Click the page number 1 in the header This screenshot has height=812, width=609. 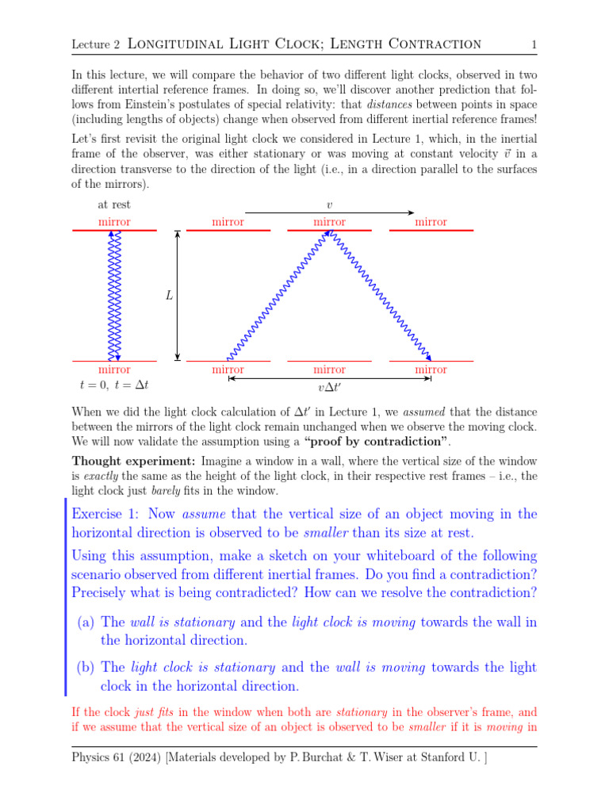point(534,44)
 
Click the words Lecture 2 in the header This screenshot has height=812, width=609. point(94,44)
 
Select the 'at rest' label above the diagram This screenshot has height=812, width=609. point(114,205)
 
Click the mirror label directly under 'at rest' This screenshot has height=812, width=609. point(114,222)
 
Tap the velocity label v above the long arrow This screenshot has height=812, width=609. point(329,205)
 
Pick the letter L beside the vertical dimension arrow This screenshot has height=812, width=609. point(169,296)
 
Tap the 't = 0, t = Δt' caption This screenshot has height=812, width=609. point(114,385)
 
